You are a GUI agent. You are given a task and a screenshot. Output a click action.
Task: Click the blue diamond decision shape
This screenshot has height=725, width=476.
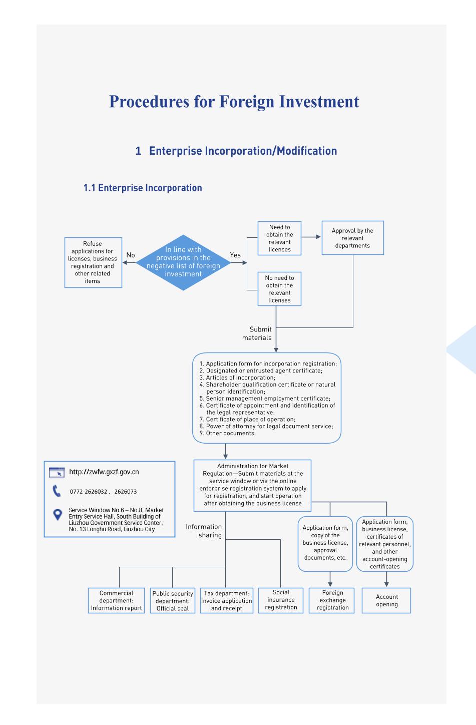pos(183,262)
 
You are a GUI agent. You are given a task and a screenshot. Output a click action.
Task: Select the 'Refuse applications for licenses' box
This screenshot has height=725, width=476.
pos(93,262)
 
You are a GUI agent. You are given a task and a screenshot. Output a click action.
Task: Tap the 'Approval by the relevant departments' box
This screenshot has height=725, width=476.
pos(353,238)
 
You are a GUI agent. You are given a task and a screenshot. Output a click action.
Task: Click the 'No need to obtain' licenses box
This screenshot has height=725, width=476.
pos(279,289)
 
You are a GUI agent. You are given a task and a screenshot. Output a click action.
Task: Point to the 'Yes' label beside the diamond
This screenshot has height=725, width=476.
pos(235,255)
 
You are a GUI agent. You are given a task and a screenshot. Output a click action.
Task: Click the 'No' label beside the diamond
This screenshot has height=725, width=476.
pos(131,255)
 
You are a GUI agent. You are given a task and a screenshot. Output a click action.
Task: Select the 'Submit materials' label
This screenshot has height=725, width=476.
pos(257,333)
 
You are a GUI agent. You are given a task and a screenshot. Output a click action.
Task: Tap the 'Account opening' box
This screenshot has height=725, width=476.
pos(386,600)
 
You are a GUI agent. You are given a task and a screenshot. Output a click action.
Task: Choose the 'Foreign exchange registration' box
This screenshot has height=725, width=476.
pos(332,600)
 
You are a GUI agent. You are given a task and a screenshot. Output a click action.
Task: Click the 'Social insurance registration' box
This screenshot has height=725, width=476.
pos(281,600)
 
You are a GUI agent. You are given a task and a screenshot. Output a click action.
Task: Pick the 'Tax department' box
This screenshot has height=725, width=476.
pos(227,600)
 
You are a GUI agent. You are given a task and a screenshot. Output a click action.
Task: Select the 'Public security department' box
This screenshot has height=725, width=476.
pos(173,600)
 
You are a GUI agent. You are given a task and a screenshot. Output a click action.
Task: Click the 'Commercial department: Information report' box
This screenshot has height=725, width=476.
pos(116,600)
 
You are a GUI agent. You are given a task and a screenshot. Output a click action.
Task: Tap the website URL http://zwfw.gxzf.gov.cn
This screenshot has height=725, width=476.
pos(104,472)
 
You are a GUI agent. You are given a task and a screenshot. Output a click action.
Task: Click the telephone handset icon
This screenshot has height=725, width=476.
pos(56,491)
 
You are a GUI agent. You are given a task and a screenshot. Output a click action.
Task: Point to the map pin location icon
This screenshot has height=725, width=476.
pos(58,515)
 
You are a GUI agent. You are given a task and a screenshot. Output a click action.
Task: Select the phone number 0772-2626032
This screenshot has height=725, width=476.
pos(88,492)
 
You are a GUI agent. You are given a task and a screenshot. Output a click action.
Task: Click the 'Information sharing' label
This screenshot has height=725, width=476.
pos(204,531)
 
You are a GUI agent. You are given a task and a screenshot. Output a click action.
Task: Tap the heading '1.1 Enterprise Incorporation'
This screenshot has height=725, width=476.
pos(143,188)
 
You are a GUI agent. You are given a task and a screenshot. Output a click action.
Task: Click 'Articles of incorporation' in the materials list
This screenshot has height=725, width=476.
pos(240,378)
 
